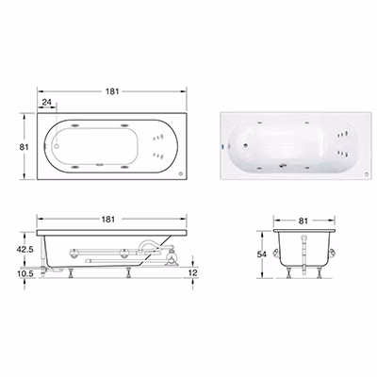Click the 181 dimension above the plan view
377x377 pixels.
click(112, 91)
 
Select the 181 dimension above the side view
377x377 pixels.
click(108, 219)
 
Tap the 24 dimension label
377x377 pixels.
click(46, 102)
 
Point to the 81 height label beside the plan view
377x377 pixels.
click(25, 147)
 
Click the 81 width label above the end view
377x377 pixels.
click(303, 221)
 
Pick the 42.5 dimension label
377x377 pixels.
click(25, 249)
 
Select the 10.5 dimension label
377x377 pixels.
click(25, 273)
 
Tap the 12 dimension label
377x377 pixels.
click(192, 272)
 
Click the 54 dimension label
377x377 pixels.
click(261, 254)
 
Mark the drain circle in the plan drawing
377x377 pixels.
click(57, 146)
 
